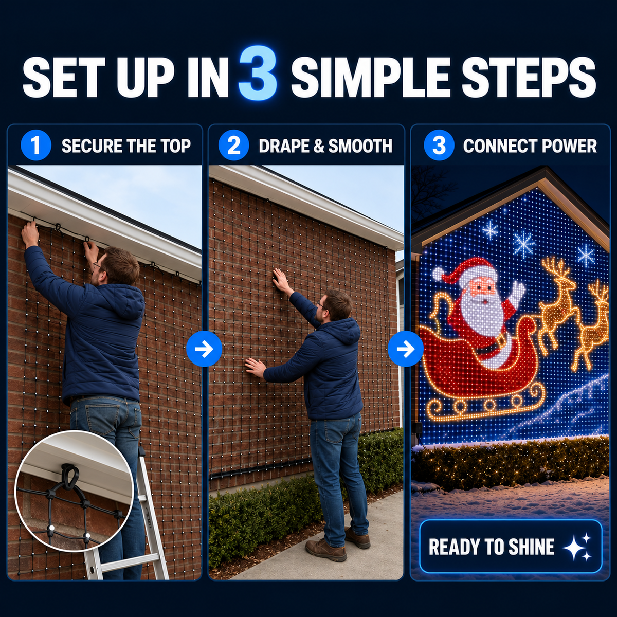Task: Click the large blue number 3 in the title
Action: (x=258, y=74)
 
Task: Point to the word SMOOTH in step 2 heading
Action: (x=360, y=146)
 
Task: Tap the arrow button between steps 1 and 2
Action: (x=204, y=349)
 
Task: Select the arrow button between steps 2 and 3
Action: (x=406, y=349)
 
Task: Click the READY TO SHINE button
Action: (x=511, y=546)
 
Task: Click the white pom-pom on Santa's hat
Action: (x=438, y=273)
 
